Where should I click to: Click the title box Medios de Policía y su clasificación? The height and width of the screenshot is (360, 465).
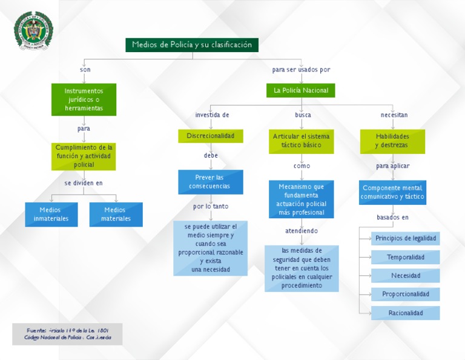pos(192,45)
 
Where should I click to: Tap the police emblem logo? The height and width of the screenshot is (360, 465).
pos(33,31)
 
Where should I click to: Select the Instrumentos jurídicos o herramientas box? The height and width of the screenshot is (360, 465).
pos(84,99)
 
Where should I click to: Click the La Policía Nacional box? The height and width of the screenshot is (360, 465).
pos(300,90)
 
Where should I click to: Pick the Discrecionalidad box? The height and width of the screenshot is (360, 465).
pos(210,136)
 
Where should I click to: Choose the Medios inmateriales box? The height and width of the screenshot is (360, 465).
pos(51,214)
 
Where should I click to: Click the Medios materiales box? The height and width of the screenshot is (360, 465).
pos(116,214)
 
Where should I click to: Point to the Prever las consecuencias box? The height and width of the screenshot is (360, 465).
pos(210,182)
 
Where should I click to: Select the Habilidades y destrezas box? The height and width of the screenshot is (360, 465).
pos(392,141)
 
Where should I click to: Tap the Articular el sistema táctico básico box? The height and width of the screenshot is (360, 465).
pos(301,141)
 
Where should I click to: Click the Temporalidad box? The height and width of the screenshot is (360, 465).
pos(406,257)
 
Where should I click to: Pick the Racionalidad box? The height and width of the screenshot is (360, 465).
pos(406,313)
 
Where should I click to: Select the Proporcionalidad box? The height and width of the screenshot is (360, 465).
pos(406,294)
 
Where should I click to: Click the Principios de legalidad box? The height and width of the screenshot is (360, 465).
pos(406,238)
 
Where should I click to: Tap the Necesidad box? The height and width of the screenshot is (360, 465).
pos(406,276)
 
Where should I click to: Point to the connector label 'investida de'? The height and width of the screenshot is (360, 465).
pos(211,115)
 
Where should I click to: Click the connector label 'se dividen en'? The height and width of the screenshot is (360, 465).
pos(84,182)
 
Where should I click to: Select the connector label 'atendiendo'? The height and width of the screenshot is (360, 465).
pos(302,231)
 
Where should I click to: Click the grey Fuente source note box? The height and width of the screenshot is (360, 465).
pos(67,334)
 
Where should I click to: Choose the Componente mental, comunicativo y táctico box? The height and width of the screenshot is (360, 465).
pos(392,192)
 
